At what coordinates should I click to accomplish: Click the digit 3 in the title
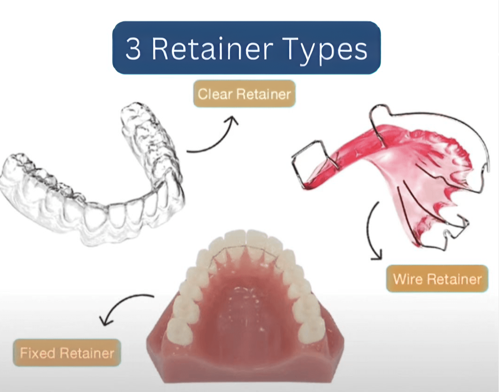click(133, 49)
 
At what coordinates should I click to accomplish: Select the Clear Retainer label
click(244, 94)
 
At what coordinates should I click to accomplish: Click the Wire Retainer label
click(437, 279)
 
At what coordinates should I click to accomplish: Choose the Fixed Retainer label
click(67, 353)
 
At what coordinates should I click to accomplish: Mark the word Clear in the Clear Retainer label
click(213, 94)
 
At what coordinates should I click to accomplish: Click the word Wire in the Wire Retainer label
click(405, 279)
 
